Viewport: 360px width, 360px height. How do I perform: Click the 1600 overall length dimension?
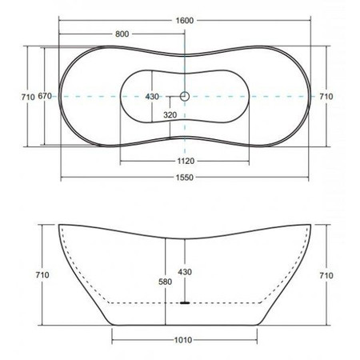coord(185,21)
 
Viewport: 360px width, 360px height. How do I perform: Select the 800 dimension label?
coord(122,34)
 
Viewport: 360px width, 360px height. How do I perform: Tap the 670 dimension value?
coord(45,96)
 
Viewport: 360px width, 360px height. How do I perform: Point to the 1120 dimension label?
coord(186,161)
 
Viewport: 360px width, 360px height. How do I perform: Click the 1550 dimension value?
coord(185,178)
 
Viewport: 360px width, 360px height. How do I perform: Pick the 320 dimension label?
coord(170,115)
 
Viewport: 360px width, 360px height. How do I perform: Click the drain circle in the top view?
coord(185,96)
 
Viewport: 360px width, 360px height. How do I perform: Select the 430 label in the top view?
coord(152,97)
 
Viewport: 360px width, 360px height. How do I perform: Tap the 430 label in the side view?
coord(185,272)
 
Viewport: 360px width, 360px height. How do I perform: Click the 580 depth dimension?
coord(165,282)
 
